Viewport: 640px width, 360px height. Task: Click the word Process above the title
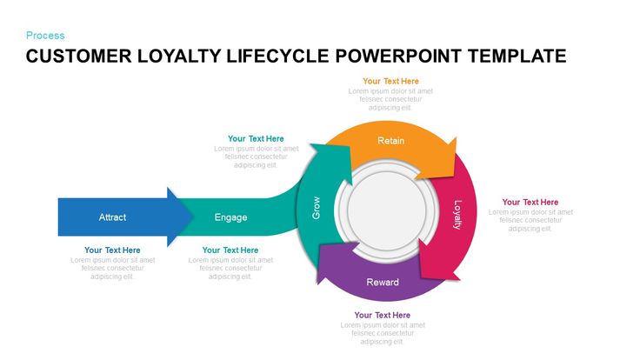pyautogui.click(x=45, y=36)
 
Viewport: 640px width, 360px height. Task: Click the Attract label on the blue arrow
pyautogui.click(x=113, y=217)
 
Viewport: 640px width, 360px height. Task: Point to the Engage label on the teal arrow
pyautogui.click(x=230, y=217)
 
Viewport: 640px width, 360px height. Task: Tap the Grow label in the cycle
pyautogui.click(x=316, y=209)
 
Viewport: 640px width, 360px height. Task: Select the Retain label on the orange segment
pyautogui.click(x=390, y=141)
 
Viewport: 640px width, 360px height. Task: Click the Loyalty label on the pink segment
pyautogui.click(x=457, y=214)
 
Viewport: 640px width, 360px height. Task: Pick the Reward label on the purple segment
pyautogui.click(x=383, y=283)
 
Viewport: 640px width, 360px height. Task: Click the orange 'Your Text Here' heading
pyautogui.click(x=390, y=81)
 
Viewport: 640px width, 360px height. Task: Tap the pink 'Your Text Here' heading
pyautogui.click(x=530, y=203)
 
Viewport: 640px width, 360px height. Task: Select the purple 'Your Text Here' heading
pyautogui.click(x=383, y=315)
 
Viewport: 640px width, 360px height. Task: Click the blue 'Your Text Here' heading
pyautogui.click(x=112, y=250)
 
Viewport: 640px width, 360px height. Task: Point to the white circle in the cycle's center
pyautogui.click(x=383, y=211)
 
